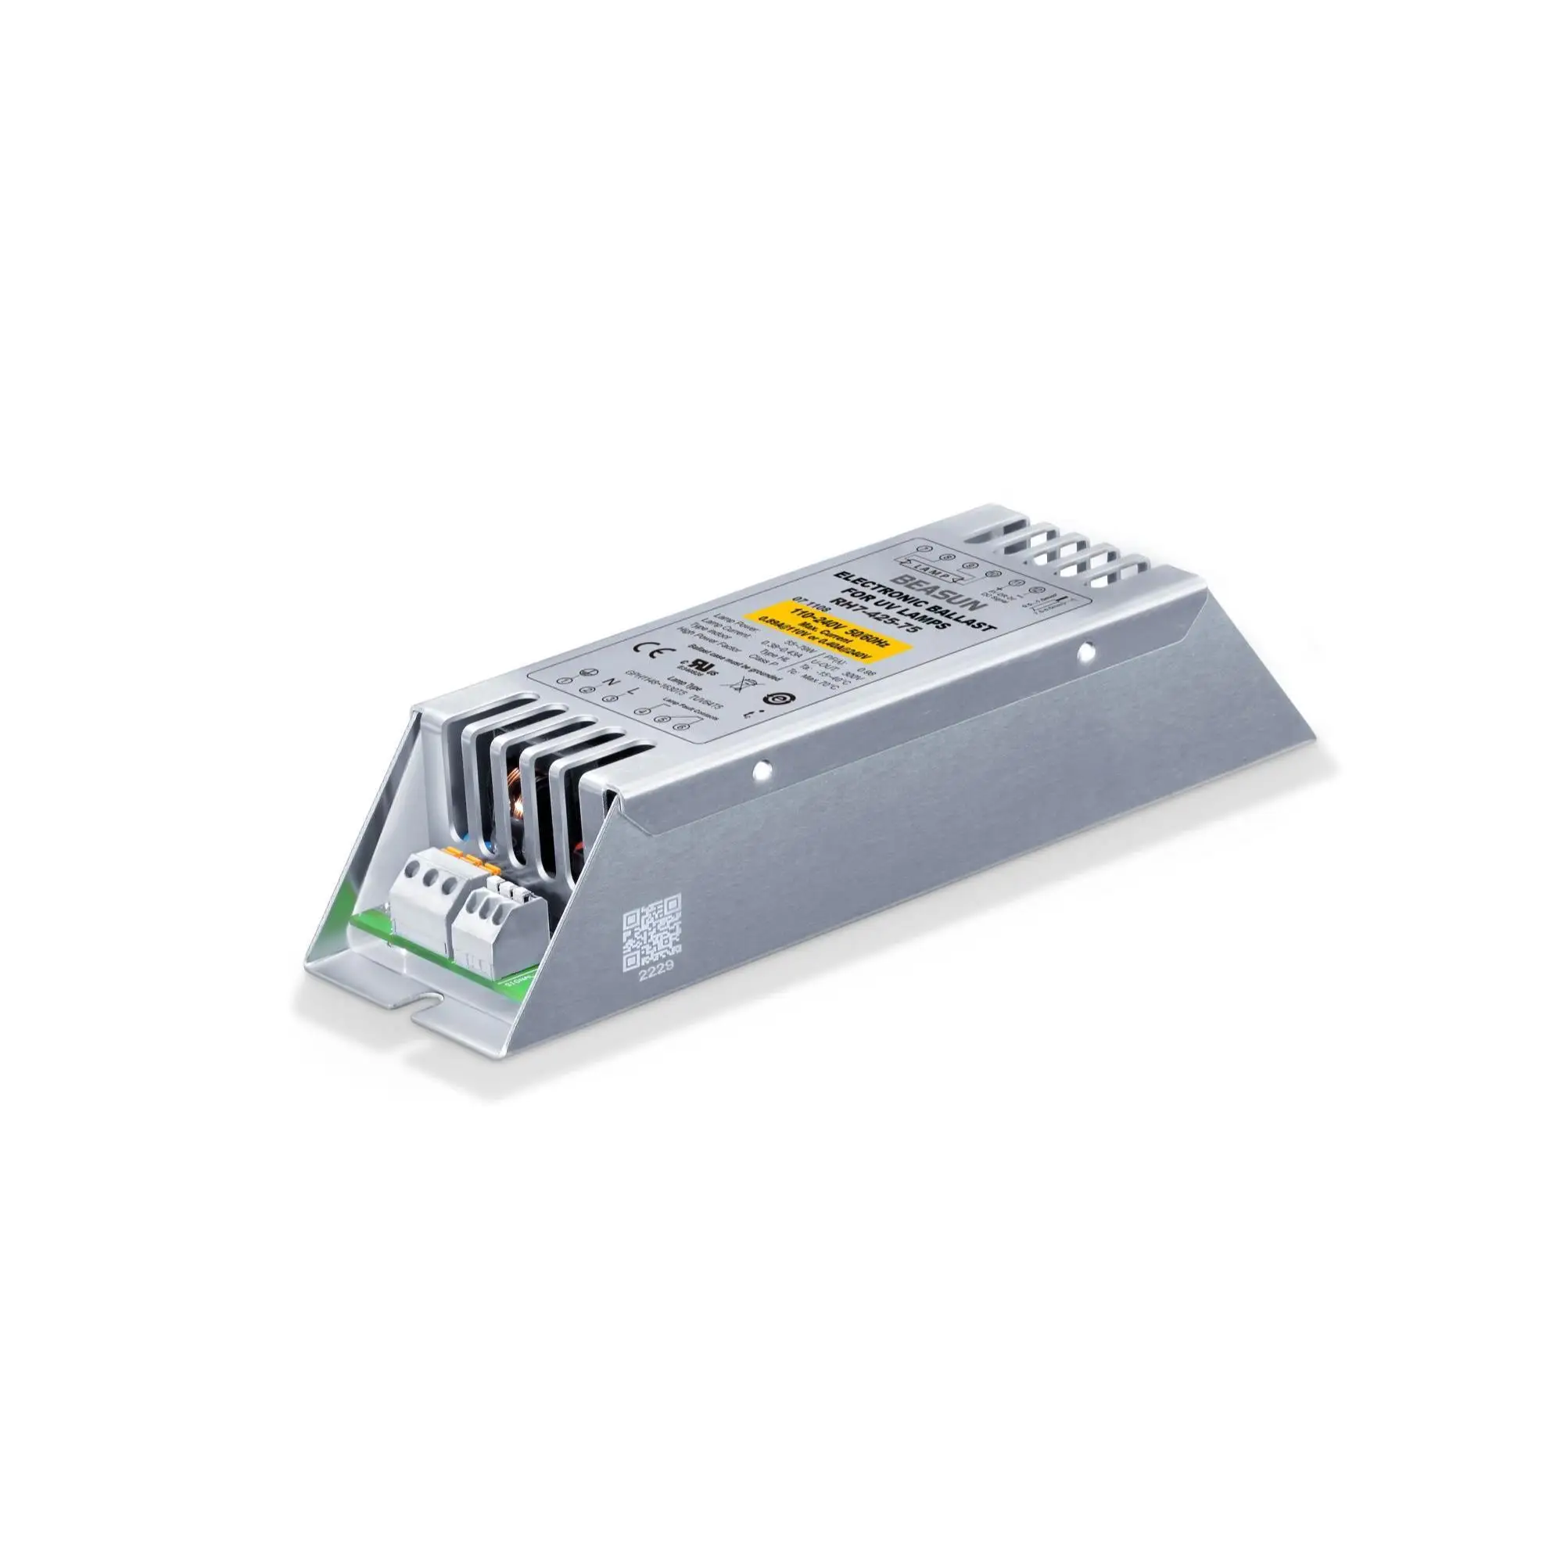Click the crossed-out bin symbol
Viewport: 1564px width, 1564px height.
[x=737, y=704]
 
